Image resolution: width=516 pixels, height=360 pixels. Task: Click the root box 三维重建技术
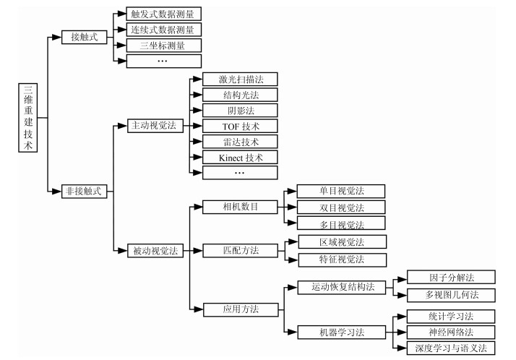28,118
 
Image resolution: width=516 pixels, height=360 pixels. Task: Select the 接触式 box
85,37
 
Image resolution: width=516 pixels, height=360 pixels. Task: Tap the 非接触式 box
85,191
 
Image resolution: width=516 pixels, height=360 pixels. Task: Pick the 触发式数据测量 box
163,14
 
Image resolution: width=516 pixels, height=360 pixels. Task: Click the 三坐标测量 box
163,46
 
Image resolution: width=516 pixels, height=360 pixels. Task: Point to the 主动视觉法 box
155,126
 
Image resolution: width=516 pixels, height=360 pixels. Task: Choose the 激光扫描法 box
240,80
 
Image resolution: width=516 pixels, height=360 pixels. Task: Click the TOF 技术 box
240,126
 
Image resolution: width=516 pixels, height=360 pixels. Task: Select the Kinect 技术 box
240,158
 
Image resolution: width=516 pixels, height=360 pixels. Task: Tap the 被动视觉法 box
155,251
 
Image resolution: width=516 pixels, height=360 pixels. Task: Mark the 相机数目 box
240,207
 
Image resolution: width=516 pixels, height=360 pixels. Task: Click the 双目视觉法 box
341,207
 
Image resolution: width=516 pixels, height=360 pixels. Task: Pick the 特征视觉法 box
343,260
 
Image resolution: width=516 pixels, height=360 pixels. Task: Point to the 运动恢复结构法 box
342,287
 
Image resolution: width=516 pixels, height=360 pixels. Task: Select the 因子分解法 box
451,277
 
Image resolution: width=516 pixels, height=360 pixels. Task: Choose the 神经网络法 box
451,332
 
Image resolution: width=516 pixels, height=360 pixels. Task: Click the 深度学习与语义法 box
451,348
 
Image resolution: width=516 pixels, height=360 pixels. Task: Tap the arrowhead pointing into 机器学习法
293,332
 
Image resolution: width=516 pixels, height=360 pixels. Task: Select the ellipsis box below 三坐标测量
163,61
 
